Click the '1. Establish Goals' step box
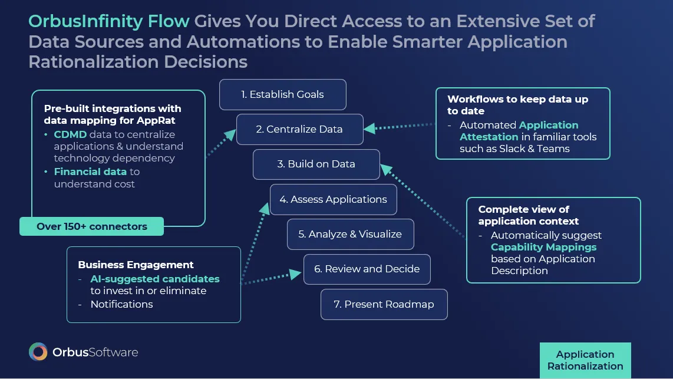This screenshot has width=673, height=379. [282, 94]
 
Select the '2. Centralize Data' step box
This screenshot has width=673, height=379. [299, 129]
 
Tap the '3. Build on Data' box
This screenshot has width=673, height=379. [316, 164]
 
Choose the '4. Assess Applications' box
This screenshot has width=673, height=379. [333, 199]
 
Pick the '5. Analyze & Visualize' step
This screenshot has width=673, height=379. [350, 234]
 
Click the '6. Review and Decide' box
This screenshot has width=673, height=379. [367, 269]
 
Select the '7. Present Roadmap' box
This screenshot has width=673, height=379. [384, 304]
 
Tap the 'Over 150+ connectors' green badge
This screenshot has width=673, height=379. [91, 226]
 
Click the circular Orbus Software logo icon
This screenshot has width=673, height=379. [38, 352]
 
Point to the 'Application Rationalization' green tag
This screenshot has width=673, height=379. [585, 360]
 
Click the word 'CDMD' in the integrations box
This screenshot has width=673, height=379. [70, 134]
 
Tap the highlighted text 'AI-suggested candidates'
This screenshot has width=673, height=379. [154, 279]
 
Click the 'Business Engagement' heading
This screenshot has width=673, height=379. [136, 265]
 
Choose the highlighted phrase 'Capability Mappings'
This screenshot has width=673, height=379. [543, 247]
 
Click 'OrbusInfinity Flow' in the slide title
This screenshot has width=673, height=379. [109, 22]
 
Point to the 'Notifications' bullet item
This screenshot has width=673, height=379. [121, 304]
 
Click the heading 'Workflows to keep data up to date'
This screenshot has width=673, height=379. [517, 105]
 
